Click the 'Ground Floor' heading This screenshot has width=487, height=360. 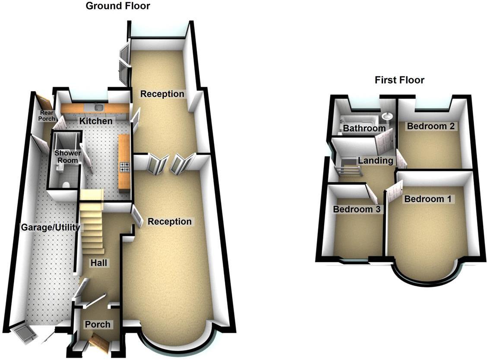(118, 6)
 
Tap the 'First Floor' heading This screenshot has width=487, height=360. (399, 80)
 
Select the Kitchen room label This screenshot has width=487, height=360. (96, 121)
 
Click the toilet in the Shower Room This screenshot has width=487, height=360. (66, 184)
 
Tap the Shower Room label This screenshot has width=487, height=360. (67, 157)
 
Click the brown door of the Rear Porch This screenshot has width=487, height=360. (44, 102)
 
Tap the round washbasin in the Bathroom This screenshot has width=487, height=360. (387, 116)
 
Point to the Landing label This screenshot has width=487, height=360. (376, 161)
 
